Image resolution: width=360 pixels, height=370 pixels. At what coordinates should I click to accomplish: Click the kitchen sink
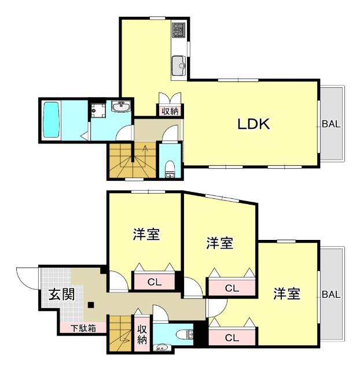179,64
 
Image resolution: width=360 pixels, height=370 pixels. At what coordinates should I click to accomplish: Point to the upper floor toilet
170,168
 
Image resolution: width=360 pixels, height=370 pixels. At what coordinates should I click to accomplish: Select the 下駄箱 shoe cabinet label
83,328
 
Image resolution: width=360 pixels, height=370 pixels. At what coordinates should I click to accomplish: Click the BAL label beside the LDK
332,123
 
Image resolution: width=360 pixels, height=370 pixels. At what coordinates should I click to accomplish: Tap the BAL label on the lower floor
331,294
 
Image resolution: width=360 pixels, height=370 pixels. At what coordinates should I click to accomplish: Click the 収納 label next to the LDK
170,111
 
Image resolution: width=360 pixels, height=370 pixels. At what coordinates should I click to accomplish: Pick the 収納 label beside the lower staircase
142,334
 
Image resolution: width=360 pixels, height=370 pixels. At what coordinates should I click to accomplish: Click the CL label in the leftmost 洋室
154,283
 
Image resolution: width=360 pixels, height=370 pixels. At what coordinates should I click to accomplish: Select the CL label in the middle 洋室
232,287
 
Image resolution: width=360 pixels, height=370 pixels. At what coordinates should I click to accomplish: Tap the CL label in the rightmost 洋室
232,338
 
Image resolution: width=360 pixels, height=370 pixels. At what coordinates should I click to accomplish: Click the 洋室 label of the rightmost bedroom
287,294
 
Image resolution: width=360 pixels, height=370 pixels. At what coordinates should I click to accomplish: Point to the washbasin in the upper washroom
121,106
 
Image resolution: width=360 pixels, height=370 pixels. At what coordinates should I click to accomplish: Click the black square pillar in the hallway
91,305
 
